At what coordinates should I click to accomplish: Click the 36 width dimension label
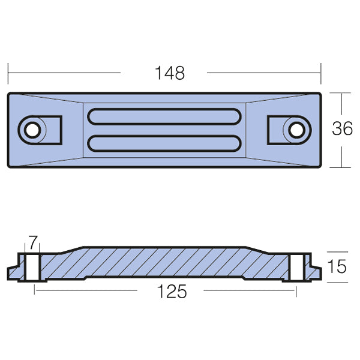click(x=342, y=128)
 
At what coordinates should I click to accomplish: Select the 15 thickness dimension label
click(x=338, y=266)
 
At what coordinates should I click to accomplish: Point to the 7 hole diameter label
click(x=33, y=242)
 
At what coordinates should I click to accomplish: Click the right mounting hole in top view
click(x=295, y=129)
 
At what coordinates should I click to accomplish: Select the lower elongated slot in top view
click(x=165, y=143)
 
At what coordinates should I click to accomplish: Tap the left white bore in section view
click(x=33, y=267)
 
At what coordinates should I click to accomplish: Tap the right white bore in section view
click(x=295, y=267)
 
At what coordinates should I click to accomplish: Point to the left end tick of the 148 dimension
click(x=8, y=73)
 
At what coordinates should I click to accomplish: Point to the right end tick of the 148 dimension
click(x=322, y=73)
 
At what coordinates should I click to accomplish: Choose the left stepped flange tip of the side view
click(x=10, y=274)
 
